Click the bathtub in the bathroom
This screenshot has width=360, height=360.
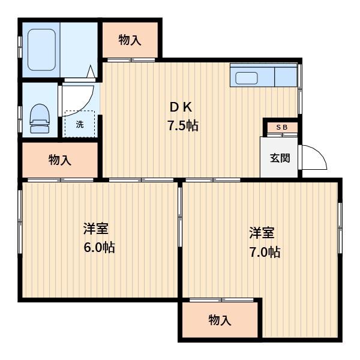pyautogui.click(x=41, y=50)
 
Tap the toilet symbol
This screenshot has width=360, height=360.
pyautogui.click(x=40, y=118)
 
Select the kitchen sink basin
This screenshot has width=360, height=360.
pyautogui.click(x=247, y=78)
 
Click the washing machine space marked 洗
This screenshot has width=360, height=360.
pyautogui.click(x=80, y=124)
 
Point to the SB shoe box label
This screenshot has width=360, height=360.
pyautogui.click(x=282, y=127)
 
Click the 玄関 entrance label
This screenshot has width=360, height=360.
pyautogui.click(x=280, y=158)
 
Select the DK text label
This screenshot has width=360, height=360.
pyautogui.click(x=181, y=107)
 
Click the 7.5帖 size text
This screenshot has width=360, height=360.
pyautogui.click(x=183, y=125)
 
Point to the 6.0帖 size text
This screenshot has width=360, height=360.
pyautogui.click(x=99, y=247)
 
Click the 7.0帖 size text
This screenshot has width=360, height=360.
pyautogui.click(x=265, y=252)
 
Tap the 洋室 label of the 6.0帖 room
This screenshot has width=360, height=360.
pyautogui.click(x=96, y=229)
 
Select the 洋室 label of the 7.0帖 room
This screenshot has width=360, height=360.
pyautogui.click(x=262, y=233)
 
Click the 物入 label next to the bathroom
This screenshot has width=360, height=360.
pyautogui.click(x=130, y=40)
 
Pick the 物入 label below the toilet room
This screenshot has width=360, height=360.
pyautogui.click(x=59, y=160)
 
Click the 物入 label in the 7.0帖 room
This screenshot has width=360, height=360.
pyautogui.click(x=220, y=320)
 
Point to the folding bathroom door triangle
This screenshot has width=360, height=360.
pyautogui.click(x=91, y=71)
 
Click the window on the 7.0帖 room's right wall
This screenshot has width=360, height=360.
pyautogui.click(x=340, y=228)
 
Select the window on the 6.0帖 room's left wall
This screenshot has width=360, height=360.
pyautogui.click(x=20, y=222)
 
